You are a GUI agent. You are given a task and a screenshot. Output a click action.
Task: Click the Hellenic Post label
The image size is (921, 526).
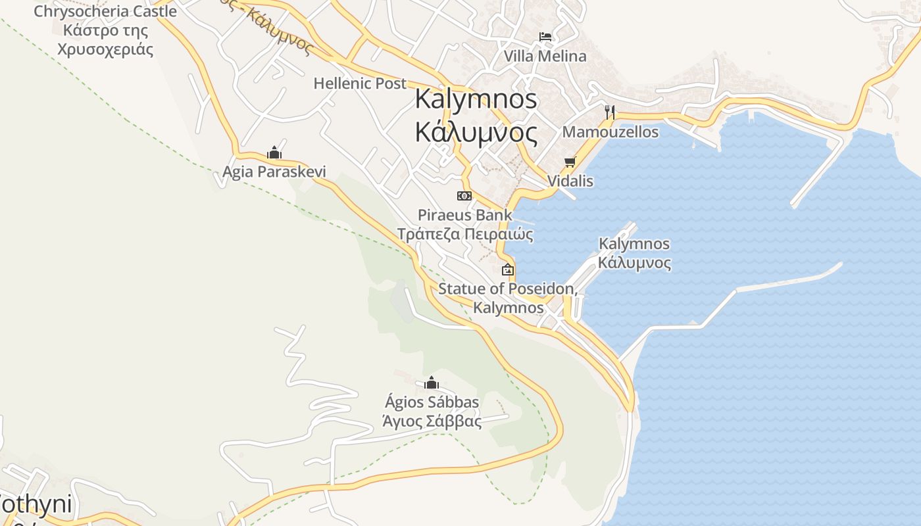(360, 84)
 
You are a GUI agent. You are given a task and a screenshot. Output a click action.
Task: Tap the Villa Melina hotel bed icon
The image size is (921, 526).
(545, 36)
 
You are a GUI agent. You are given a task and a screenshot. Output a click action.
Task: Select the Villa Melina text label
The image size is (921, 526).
(545, 56)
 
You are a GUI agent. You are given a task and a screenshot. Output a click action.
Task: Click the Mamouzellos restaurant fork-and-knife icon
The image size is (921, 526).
(610, 112)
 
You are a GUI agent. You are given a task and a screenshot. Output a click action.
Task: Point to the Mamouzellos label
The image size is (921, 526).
(610, 131)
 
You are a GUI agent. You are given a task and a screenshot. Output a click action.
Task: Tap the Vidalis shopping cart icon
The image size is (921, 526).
(570, 162)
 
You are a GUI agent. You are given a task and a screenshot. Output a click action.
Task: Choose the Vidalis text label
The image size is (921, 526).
(570, 181)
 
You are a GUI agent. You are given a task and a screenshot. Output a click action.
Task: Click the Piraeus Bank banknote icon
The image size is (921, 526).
(464, 196)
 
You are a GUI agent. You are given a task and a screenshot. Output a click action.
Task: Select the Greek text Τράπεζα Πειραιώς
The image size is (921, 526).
(464, 234)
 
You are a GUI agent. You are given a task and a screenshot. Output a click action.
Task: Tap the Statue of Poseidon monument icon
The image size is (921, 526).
(508, 270)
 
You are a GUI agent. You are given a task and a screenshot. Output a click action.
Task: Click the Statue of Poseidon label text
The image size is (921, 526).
(508, 289)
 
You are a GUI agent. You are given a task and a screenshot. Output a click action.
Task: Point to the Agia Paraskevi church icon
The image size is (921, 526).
(274, 153)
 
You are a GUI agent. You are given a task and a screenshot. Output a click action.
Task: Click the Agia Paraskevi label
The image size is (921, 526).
(274, 172)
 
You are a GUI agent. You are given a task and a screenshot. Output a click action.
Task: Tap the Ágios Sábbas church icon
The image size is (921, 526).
(432, 383)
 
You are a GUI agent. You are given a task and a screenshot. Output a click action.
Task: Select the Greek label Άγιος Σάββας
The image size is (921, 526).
(432, 421)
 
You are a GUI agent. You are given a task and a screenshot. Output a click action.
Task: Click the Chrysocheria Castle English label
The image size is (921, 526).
(105, 11)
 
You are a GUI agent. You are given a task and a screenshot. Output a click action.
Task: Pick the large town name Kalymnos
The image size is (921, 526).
(476, 99)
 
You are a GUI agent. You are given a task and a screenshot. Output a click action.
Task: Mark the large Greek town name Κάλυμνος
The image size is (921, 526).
(476, 132)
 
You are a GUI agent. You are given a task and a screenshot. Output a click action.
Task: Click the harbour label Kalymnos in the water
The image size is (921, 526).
(634, 244)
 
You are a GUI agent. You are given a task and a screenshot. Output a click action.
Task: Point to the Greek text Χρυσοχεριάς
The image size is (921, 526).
(105, 49)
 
